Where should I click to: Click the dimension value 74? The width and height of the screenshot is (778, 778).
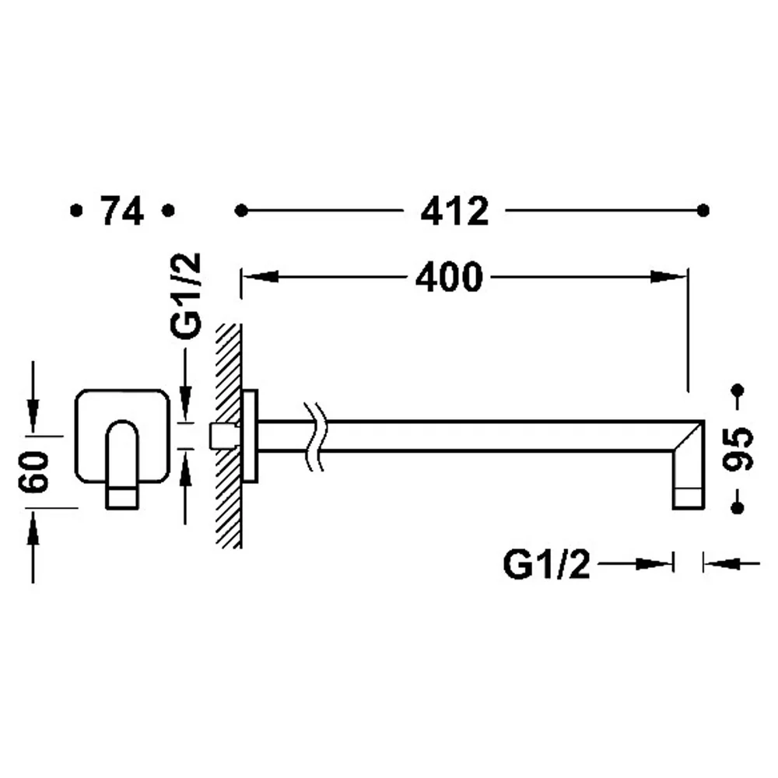pos(122,211)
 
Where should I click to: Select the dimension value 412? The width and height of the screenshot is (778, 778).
pos(454,212)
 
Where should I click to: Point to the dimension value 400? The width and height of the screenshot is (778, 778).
pos(449,277)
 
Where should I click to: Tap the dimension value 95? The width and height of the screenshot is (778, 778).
pos(738,449)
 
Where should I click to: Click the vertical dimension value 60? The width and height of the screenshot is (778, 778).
pos(34,472)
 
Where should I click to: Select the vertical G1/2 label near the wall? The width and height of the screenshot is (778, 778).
pos(186,296)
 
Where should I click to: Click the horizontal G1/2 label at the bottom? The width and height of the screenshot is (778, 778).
pos(547,565)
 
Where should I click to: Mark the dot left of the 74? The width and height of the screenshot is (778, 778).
pos(76,211)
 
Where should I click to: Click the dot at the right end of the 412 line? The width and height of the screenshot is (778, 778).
pos(703,210)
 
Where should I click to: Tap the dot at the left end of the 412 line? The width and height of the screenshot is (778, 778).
pos(241,211)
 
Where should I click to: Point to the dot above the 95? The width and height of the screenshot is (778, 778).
pos(738,390)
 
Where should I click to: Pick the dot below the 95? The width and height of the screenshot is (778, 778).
pos(738,507)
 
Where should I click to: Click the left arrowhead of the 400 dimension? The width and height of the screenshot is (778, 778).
pos(260,276)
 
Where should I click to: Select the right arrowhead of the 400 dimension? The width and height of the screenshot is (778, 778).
pos(669,276)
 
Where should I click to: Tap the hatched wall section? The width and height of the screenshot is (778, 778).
pos(229,436)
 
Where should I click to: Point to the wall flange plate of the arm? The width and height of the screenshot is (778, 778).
pos(250,436)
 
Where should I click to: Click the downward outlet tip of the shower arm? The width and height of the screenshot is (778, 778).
pos(689,498)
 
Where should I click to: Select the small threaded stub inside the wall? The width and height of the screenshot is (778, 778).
pos(223,436)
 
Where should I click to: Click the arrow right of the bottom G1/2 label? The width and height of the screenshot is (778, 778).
pos(636,564)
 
